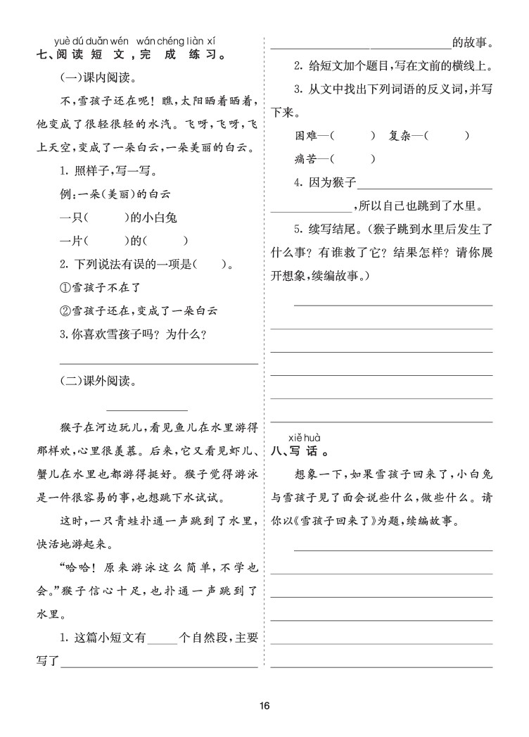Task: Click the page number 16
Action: pyautogui.click(x=264, y=706)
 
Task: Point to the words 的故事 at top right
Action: pyautogui.click(x=471, y=42)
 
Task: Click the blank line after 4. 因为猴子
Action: pyautogui.click(x=425, y=184)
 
